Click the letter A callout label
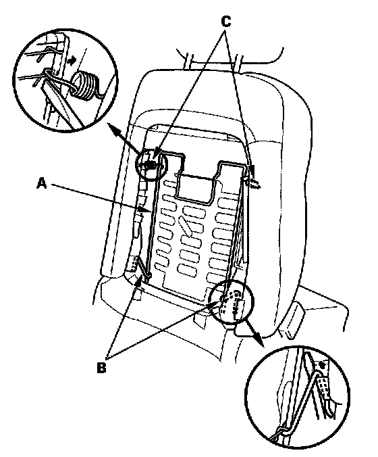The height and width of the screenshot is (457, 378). pos(43,184)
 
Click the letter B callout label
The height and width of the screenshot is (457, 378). pos(101,368)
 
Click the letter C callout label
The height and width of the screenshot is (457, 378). pos(226,21)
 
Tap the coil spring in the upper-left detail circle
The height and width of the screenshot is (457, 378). pos(84,85)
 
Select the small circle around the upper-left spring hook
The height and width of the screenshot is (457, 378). pos(151,165)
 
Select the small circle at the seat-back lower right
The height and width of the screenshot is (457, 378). pos(232,302)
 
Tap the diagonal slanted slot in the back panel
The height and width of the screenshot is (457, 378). pos(186,226)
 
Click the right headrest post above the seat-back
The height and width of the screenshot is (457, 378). pos(238,61)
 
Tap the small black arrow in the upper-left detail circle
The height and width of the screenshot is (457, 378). pos(72,59)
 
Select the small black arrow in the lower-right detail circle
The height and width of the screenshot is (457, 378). pos(321,364)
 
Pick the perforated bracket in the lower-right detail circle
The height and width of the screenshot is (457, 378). pos(324,387)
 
